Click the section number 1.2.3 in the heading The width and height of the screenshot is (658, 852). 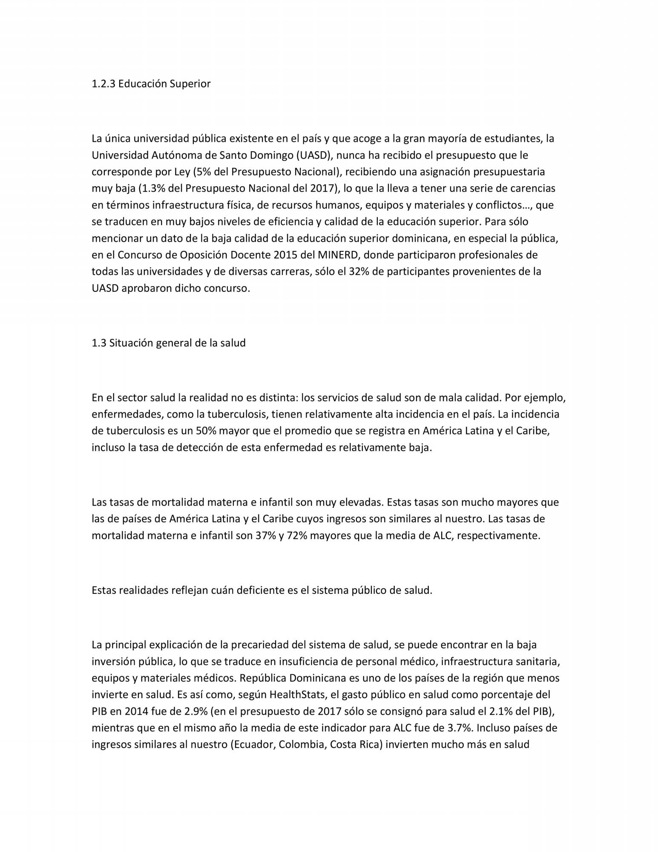click(x=103, y=84)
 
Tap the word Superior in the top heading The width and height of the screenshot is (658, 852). click(x=190, y=84)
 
